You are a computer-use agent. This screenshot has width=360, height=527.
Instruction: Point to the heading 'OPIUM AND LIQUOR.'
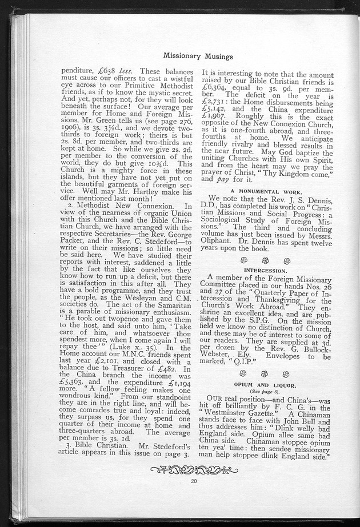(265, 387)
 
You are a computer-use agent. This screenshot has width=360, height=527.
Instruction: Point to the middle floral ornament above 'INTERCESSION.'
(265, 259)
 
